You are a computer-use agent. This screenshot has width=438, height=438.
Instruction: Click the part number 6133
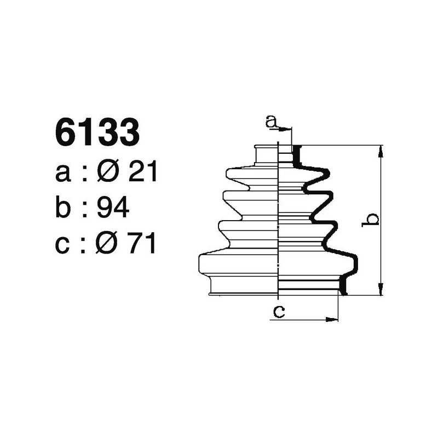click(96, 134)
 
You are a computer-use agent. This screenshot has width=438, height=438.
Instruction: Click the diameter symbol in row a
click(108, 173)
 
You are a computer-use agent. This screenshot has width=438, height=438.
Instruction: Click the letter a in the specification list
click(63, 174)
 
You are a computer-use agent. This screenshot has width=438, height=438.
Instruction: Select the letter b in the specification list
click(64, 208)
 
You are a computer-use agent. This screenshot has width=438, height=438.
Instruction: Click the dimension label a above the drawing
click(270, 121)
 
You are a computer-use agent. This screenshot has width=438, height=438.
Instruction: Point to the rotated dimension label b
click(372, 220)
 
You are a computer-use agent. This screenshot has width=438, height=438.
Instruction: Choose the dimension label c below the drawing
click(279, 312)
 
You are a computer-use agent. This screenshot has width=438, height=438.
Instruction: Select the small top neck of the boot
click(267, 155)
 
